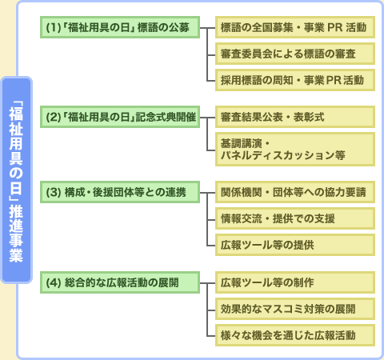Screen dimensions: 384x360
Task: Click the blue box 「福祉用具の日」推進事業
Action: click(16, 180)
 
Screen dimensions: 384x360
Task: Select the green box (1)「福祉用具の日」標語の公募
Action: click(120, 27)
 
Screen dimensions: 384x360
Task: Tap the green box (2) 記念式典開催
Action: click(120, 117)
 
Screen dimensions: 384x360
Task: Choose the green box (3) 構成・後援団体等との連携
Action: click(120, 192)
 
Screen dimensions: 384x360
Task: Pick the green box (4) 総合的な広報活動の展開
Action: click(120, 282)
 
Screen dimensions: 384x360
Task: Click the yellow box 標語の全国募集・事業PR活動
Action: click(295, 27)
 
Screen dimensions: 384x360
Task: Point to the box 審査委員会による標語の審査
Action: click(295, 54)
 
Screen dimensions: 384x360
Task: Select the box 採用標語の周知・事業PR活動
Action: click(295, 80)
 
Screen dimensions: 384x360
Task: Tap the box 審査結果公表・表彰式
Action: click(295, 117)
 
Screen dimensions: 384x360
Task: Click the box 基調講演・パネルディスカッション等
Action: click(295, 149)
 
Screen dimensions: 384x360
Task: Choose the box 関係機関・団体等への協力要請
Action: click(295, 192)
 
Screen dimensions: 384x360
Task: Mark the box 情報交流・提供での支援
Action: click(295, 218)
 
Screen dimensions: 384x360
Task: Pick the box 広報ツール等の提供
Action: click(295, 245)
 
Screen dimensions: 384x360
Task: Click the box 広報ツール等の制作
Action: click(295, 282)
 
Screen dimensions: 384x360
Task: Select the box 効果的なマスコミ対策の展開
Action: click(295, 309)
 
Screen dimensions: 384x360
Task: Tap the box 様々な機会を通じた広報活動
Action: click(295, 335)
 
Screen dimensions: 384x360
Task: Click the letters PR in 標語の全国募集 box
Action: click(334, 27)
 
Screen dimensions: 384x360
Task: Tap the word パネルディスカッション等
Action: click(283, 155)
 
